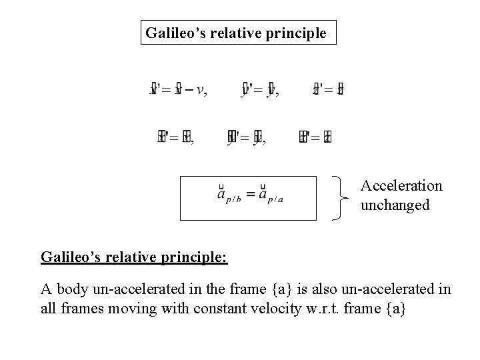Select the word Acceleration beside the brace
(401, 186)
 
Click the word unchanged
(395, 205)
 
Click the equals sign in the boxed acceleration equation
(250, 195)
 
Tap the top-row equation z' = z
(328, 89)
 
